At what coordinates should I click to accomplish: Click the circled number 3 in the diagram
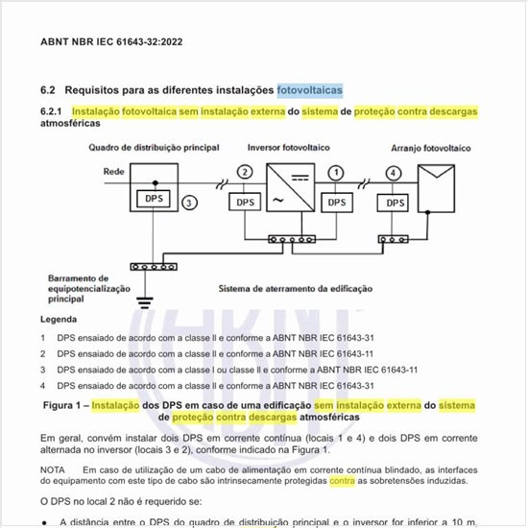(190, 204)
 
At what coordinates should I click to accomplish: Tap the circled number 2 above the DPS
(245, 172)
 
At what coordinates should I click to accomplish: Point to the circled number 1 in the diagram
(336, 172)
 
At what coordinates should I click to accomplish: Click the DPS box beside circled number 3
(155, 198)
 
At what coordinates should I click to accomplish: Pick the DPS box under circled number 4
(395, 204)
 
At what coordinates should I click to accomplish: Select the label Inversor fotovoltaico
(288, 148)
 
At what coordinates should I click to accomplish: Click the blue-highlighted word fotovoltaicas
(309, 89)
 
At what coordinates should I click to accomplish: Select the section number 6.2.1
(52, 112)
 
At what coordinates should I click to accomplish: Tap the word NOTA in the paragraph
(54, 468)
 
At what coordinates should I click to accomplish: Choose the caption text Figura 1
(64, 406)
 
